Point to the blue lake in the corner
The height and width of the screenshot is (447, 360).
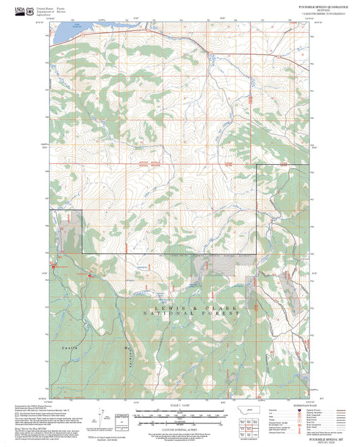pyautogui.click(x=63, y=31)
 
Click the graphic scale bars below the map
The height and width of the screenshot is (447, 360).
pyautogui.click(x=179, y=415)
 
